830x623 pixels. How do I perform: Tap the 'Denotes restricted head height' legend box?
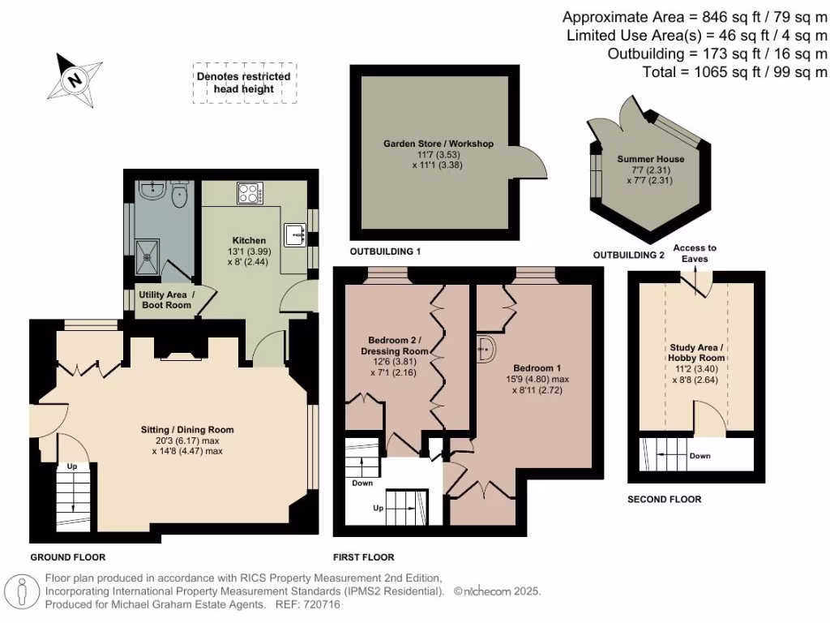pyautogui.click(x=243, y=83)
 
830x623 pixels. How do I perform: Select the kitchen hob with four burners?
pyautogui.click(x=248, y=193)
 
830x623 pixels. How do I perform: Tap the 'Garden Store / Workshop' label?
pyautogui.click(x=439, y=144)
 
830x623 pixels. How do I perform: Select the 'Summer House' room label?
pyautogui.click(x=650, y=159)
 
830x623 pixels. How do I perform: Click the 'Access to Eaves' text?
pyautogui.click(x=695, y=253)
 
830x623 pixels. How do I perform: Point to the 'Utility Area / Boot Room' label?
pyautogui.click(x=165, y=299)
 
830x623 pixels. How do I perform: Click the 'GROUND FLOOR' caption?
pyautogui.click(x=68, y=557)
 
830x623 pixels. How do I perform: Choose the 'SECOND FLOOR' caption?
pyautogui.click(x=665, y=499)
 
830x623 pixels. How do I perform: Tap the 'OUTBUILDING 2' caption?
pyautogui.click(x=628, y=255)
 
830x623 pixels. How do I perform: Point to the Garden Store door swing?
pyautogui.click(x=528, y=163)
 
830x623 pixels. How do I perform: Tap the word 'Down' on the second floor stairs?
pyautogui.click(x=700, y=456)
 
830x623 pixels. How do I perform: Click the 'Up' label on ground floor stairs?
pyautogui.click(x=72, y=466)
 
